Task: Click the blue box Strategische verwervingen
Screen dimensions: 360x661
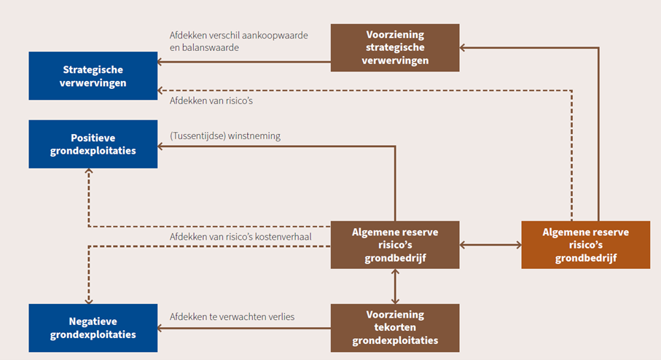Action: [x=93, y=76]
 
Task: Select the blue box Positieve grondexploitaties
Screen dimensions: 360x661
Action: [x=93, y=144]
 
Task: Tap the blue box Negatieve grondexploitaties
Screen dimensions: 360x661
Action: [x=93, y=328]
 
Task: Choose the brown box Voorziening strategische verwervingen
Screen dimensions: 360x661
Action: [x=395, y=47]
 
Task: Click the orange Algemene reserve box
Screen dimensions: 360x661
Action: [x=586, y=244]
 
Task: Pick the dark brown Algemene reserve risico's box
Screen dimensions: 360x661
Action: [x=395, y=244]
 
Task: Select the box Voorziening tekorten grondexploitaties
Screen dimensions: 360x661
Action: [x=395, y=328]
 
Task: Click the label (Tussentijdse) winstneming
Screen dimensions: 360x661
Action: [x=224, y=136]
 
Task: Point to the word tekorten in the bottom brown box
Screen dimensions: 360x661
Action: [x=395, y=328]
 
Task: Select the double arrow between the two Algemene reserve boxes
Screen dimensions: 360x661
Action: [x=490, y=245]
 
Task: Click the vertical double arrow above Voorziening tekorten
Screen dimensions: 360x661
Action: [x=395, y=286]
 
